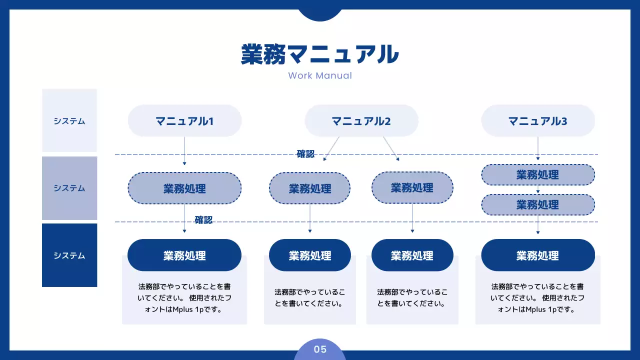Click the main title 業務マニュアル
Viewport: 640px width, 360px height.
click(319, 54)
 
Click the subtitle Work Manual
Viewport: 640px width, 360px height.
click(320, 76)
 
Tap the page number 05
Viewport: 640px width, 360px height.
click(320, 349)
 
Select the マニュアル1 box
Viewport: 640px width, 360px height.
click(184, 121)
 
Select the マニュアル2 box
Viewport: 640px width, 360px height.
click(361, 121)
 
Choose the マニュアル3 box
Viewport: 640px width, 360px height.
click(538, 121)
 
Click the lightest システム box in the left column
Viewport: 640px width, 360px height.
click(69, 120)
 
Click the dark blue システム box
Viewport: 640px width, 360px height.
click(69, 255)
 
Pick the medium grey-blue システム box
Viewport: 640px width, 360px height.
click(69, 188)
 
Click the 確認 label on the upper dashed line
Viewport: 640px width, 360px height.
click(305, 154)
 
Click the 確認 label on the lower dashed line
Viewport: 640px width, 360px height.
click(203, 220)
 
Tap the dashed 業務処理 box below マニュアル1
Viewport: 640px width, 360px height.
click(184, 188)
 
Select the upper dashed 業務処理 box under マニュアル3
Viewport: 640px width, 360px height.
click(538, 175)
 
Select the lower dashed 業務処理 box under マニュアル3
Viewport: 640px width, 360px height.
click(538, 204)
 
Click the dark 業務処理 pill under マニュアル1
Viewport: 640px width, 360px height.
click(184, 255)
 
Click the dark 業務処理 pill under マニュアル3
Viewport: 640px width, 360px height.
click(538, 255)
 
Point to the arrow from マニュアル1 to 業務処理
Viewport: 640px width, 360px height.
click(184, 150)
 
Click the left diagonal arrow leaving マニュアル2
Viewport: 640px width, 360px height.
click(332, 148)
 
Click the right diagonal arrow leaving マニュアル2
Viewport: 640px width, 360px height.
click(391, 148)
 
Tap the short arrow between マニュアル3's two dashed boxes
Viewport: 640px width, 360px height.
click(538, 190)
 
